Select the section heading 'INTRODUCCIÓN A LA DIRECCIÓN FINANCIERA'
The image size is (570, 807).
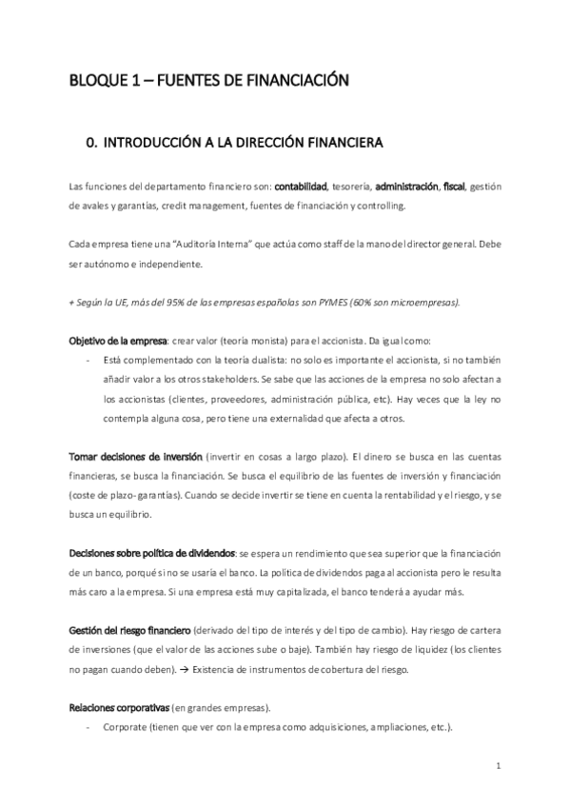point(243,144)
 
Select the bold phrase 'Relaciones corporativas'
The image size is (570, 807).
point(119,709)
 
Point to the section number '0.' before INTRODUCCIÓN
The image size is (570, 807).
point(92,144)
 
